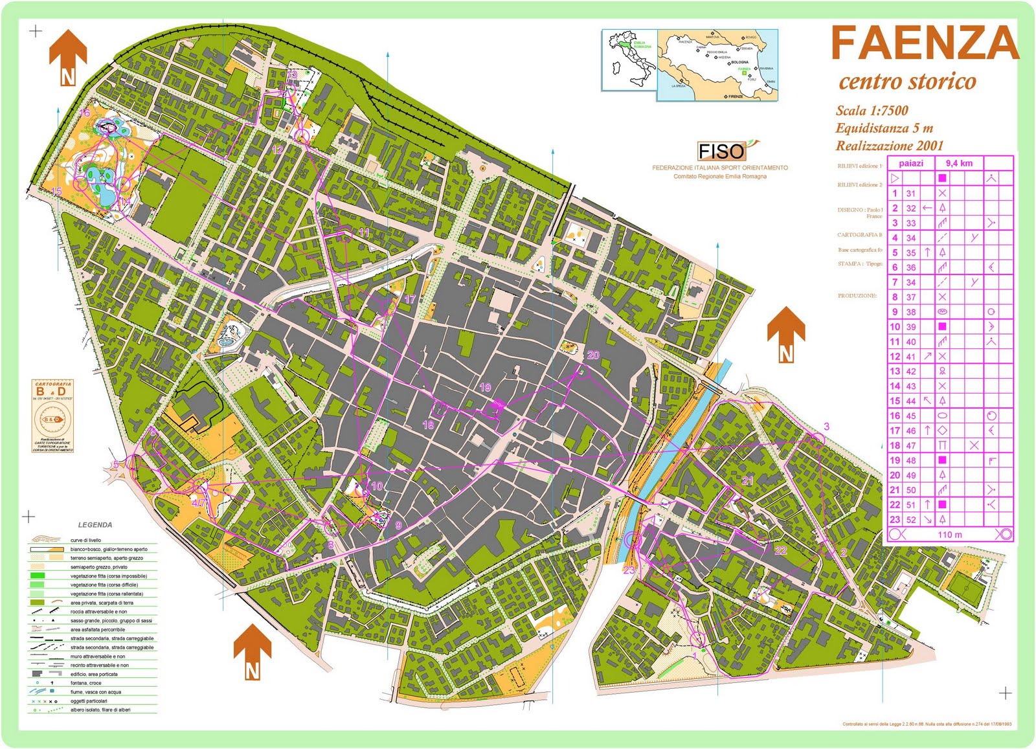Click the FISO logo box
pyautogui.click(x=721, y=151)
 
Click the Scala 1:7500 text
pyautogui.click(x=872, y=111)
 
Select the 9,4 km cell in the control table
pyautogui.click(x=958, y=163)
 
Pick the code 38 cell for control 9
pyautogui.click(x=911, y=311)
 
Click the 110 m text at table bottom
pyautogui.click(x=949, y=535)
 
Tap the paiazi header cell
pyautogui.click(x=911, y=163)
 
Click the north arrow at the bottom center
pyautogui.click(x=252, y=652)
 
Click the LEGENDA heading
pyautogui.click(x=95, y=525)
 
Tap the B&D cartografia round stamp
pyautogui.click(x=53, y=419)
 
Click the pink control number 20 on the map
pyautogui.click(x=593, y=355)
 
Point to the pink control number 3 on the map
pyautogui.click(x=826, y=426)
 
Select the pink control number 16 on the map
pyautogui.click(x=85, y=113)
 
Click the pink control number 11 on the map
pyautogui.click(x=364, y=232)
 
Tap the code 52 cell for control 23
pyautogui.click(x=911, y=519)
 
